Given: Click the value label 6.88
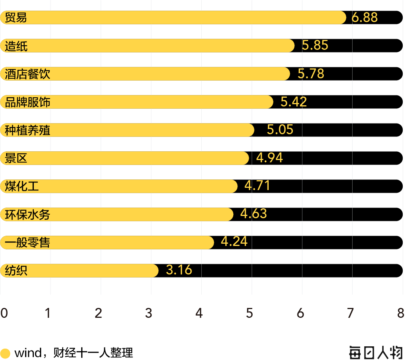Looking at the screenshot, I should click(x=364, y=17).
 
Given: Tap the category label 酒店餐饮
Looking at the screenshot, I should click(x=27, y=74).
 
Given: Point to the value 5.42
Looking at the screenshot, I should click(x=293, y=102).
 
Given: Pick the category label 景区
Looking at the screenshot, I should click(x=16, y=158).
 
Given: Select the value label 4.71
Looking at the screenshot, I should click(x=257, y=186).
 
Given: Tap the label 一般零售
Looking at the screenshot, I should click(x=27, y=243).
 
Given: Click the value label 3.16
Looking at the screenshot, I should click(x=179, y=270).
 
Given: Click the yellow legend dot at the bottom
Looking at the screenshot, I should click(x=5, y=354).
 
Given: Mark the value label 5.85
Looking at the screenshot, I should click(x=315, y=45).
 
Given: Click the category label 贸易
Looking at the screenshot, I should click(x=16, y=17).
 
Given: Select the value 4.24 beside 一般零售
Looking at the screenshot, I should click(x=234, y=241).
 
